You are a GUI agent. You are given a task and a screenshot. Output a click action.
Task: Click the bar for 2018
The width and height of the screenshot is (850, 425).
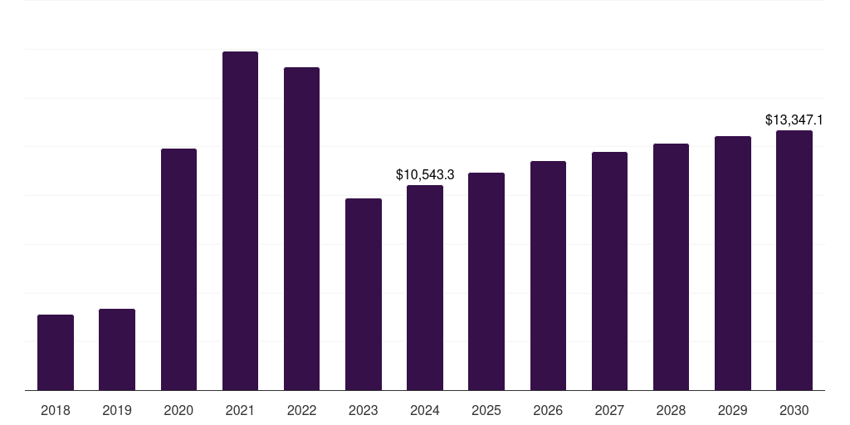pos(56,353)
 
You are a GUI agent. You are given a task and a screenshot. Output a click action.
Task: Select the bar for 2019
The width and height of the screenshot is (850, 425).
pos(117,349)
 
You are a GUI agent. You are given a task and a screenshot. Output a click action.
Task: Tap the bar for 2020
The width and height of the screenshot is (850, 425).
pos(178,270)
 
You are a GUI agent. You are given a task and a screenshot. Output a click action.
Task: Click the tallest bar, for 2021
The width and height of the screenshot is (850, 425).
pos(240,221)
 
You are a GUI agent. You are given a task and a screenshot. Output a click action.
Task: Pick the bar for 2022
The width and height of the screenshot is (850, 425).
pos(301,229)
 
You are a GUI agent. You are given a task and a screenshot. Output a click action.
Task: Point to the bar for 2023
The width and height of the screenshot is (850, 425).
pos(364,295)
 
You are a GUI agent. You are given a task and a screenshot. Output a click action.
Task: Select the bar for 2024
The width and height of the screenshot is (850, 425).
pos(425,288)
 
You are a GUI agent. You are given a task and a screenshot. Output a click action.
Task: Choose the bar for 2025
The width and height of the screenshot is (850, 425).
pos(486,281)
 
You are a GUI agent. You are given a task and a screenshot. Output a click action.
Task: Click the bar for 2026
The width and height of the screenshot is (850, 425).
pos(548,276)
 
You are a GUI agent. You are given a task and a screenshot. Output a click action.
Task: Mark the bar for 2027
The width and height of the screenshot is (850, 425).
pos(609,271)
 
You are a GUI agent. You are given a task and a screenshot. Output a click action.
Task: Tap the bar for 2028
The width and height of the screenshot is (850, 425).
pos(671,267)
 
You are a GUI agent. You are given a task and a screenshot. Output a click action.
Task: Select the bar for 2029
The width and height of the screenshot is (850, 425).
pos(733,263)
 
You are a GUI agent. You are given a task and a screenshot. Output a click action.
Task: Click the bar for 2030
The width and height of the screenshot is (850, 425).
pos(794,261)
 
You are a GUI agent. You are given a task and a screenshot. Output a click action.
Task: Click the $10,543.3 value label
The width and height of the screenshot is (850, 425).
pos(425,175)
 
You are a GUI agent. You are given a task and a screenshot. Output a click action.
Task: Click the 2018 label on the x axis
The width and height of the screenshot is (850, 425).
pos(56,410)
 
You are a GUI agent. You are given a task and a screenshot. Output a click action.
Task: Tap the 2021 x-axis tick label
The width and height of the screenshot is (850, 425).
pos(240,410)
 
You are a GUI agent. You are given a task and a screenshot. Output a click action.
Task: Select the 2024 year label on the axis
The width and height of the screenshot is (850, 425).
pos(425,410)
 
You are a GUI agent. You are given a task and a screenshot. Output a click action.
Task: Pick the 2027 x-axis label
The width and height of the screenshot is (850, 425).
pos(609,410)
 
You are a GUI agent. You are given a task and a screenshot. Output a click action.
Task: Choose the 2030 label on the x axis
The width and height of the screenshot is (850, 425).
pos(794,410)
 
